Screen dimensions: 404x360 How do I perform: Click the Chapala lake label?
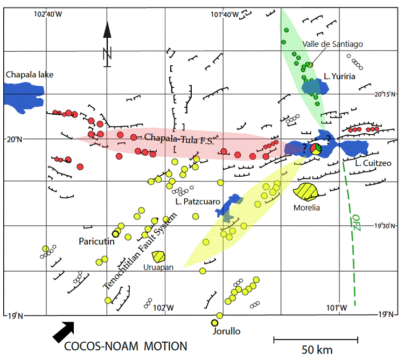29,74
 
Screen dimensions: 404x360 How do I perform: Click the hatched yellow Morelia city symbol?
307,191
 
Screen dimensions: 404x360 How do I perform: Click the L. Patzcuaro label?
198,202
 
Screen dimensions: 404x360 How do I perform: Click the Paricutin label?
96,241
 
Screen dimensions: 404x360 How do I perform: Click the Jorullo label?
226,331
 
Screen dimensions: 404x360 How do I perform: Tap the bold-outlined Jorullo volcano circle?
215,323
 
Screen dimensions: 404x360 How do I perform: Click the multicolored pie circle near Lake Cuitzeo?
317,149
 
